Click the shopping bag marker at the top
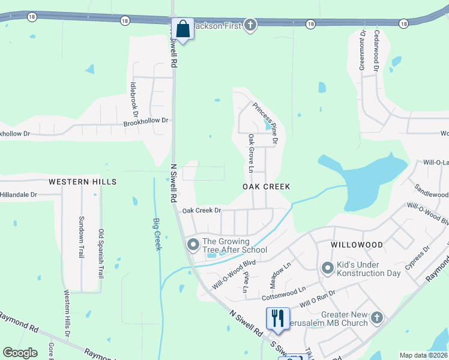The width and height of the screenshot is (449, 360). pyautogui.click(x=182, y=28)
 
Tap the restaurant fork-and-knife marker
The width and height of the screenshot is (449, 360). pyautogui.click(x=277, y=318)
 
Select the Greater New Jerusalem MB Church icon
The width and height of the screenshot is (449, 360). pyautogui.click(x=376, y=317)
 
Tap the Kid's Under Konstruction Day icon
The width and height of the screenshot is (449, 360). pyautogui.click(x=327, y=268)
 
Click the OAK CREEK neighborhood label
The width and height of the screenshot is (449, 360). pyautogui.click(x=266, y=187)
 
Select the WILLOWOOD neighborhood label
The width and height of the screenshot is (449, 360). pyautogui.click(x=357, y=245)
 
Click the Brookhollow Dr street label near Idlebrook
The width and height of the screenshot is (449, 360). pyautogui.click(x=146, y=121)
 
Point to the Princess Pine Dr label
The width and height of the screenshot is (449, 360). pyautogui.click(x=265, y=124)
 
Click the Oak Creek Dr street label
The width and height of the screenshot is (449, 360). pyautogui.click(x=202, y=211)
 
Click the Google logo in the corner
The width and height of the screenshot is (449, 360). pyautogui.click(x=20, y=353)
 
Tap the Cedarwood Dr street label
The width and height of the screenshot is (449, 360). pyautogui.click(x=376, y=52)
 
